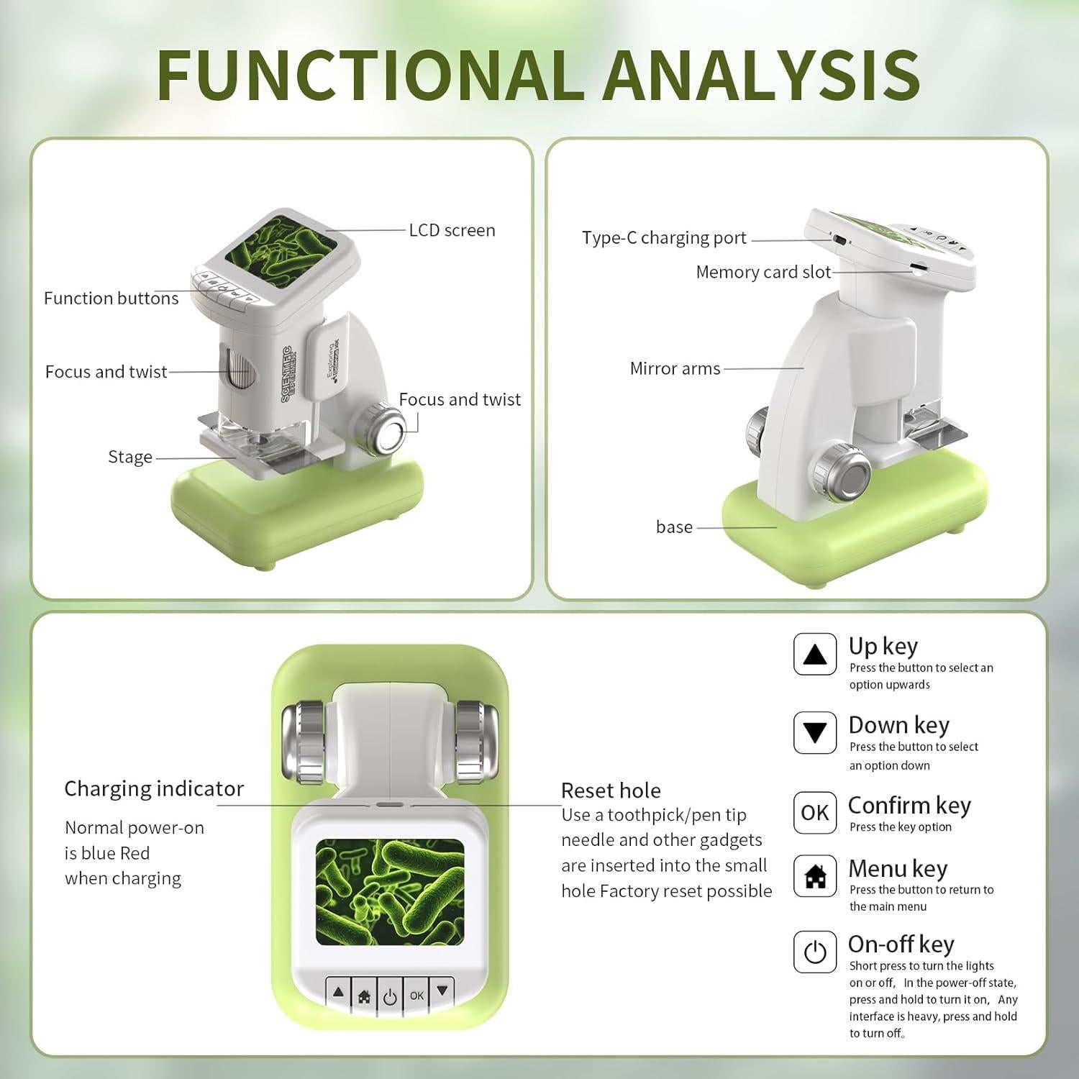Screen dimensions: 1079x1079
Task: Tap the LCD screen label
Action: point(452,230)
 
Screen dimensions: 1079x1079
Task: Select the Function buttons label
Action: point(111,298)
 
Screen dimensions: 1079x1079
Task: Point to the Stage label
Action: point(130,457)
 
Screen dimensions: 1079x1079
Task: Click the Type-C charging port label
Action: point(664,238)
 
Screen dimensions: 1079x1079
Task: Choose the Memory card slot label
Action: point(763,272)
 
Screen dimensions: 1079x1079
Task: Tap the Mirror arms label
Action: point(675,368)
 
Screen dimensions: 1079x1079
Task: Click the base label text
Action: point(674,527)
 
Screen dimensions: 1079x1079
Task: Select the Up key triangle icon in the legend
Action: point(814,654)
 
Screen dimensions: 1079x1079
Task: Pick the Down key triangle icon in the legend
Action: point(814,732)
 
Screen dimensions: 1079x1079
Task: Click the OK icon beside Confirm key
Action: point(814,813)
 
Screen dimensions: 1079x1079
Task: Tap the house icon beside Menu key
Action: point(814,876)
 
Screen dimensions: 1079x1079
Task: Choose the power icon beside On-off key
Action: point(814,952)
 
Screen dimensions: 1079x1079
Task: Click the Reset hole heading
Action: point(611,791)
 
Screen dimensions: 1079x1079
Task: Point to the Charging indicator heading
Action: point(154,788)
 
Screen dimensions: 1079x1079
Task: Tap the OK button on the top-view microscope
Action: point(416,996)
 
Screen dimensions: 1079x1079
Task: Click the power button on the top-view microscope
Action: point(390,997)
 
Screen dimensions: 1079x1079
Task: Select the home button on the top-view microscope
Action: point(364,997)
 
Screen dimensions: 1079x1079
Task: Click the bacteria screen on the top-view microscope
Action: point(390,891)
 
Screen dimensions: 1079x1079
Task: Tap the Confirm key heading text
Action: point(909,805)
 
